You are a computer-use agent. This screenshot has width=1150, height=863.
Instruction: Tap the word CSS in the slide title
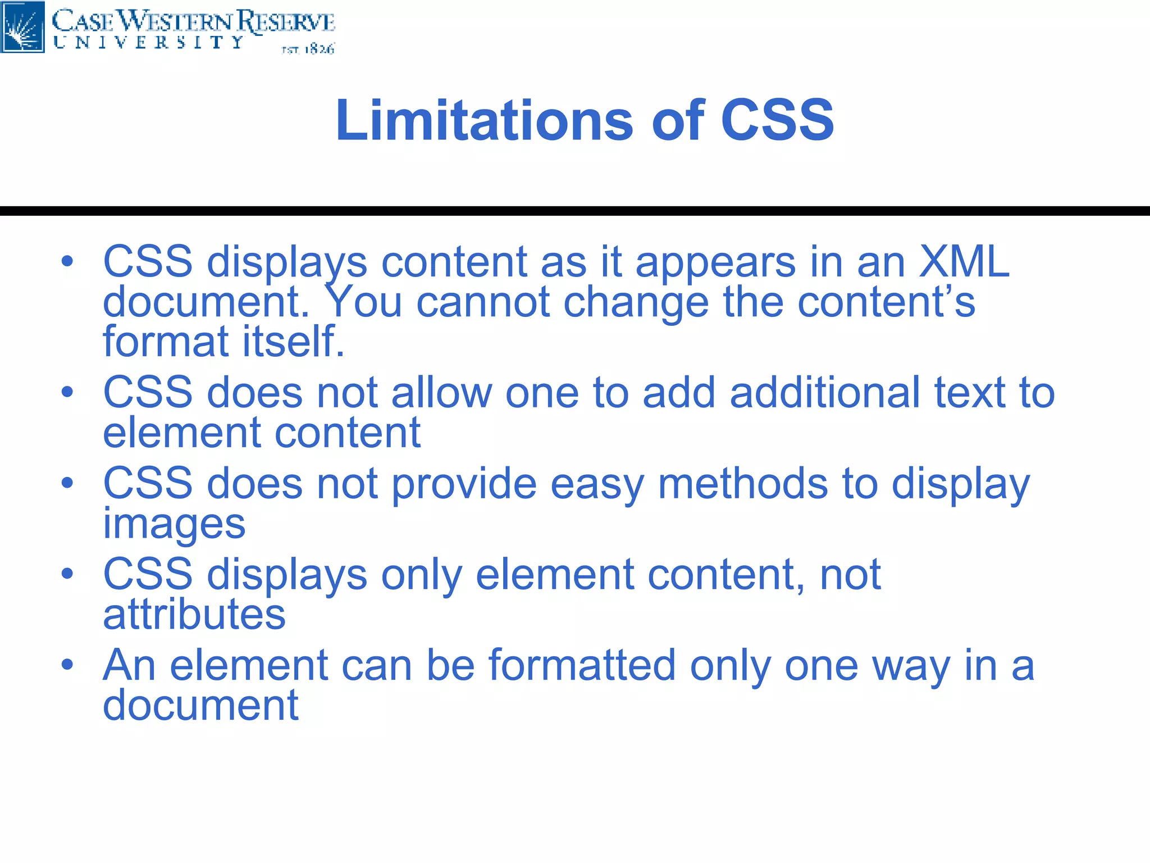tap(777, 120)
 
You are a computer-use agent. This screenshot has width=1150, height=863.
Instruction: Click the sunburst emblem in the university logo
tap(22, 27)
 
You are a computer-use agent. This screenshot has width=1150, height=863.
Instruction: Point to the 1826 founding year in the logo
tap(319, 49)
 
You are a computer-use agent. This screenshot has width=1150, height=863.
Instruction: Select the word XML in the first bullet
tap(964, 262)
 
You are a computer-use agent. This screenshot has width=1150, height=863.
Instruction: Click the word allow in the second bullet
tap(441, 393)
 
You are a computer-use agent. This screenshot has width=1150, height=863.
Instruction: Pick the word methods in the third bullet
tap(742, 484)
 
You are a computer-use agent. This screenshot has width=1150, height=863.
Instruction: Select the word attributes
tap(194, 615)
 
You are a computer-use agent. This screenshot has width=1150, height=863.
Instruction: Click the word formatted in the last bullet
tap(582, 666)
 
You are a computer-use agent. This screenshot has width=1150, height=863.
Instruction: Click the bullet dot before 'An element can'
tap(67, 665)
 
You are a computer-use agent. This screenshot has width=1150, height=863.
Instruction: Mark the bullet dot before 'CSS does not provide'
tap(67, 483)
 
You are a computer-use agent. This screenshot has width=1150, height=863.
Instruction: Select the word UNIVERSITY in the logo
tap(149, 43)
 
